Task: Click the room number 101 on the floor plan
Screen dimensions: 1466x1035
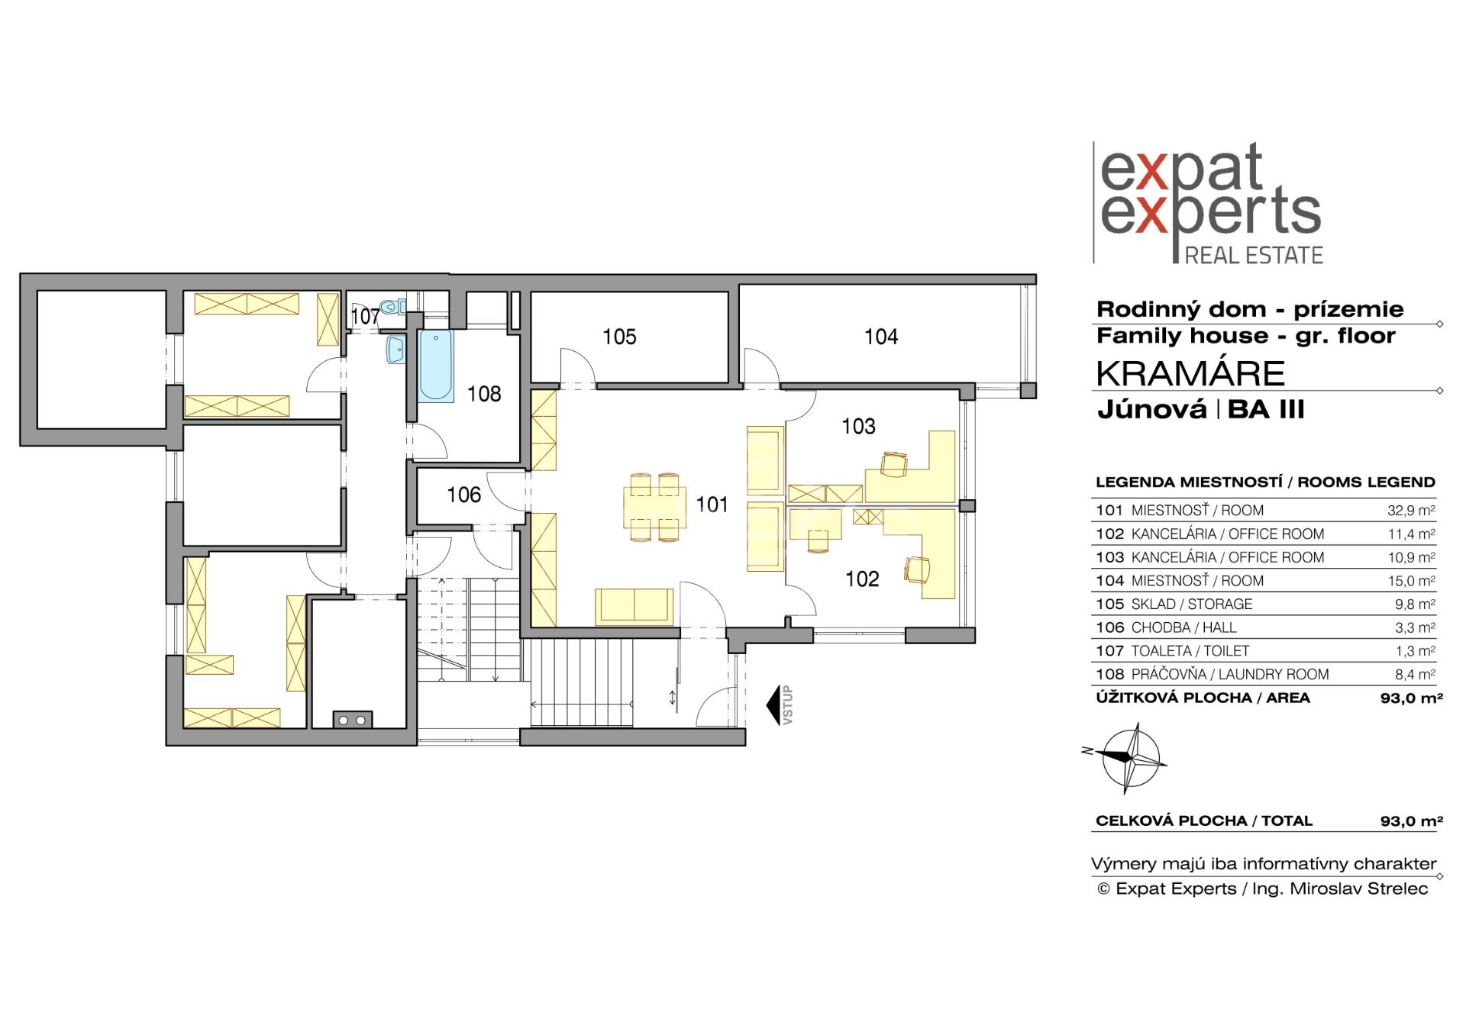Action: pos(712,505)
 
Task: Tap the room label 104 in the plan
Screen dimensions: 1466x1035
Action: pos(881,337)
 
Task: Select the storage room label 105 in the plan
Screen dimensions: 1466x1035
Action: pos(618,337)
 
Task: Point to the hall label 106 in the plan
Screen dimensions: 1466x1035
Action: pos(463,495)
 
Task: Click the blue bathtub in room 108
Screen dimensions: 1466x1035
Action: pos(435,366)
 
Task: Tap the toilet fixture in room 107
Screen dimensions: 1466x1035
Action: pos(395,307)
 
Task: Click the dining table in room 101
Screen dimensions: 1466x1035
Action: pos(654,507)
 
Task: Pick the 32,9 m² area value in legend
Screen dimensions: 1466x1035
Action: pos(1411,510)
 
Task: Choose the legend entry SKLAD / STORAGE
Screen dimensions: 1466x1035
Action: pos(1192,604)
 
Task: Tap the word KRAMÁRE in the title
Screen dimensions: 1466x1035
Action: pos(1190,373)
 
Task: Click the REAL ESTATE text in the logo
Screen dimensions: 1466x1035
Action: pos(1254,255)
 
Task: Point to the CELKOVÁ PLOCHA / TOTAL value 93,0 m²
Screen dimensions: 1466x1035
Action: pos(1411,821)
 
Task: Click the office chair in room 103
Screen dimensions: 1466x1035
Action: pos(893,464)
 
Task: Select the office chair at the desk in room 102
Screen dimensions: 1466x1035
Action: pos(917,569)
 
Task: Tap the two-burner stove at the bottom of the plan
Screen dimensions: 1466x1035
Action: pos(353,719)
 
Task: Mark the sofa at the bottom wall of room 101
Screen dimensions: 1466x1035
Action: pos(634,606)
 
